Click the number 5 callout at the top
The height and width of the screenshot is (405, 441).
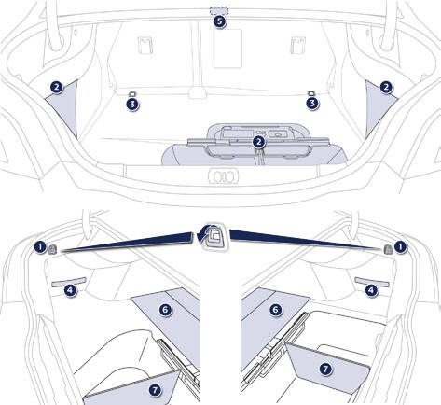(x=220, y=21)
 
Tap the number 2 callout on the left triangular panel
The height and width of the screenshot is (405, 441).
(x=56, y=88)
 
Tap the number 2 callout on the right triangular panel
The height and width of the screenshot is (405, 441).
(x=386, y=88)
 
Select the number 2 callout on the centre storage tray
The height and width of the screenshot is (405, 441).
(x=258, y=142)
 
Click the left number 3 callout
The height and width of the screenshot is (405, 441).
(x=132, y=104)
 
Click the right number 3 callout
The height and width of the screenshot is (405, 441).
(x=312, y=103)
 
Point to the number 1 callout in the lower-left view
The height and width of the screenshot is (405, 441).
(x=40, y=247)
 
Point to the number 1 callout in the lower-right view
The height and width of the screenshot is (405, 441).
(x=400, y=247)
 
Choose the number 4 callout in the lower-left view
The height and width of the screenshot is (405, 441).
(x=71, y=290)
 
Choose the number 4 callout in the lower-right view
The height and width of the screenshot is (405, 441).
(x=371, y=290)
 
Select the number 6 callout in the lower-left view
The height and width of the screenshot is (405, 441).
(x=165, y=310)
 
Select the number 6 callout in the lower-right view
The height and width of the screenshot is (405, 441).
(x=275, y=310)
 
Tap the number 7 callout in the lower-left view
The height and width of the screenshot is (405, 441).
(x=155, y=390)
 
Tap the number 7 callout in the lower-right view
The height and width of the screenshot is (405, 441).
(x=325, y=369)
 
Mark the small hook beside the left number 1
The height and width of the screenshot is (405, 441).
(x=52, y=249)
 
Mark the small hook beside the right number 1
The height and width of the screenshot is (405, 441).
(x=388, y=249)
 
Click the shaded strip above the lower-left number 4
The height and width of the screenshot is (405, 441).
(x=69, y=282)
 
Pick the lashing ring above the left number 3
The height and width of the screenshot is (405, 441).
(x=131, y=94)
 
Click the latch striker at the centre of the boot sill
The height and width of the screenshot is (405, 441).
(x=224, y=177)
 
